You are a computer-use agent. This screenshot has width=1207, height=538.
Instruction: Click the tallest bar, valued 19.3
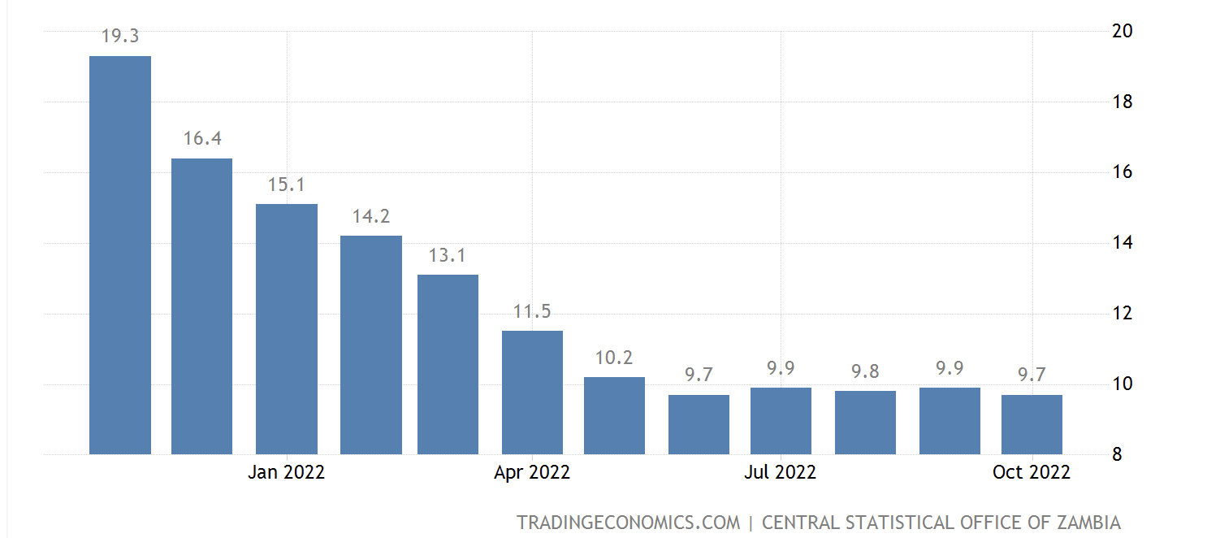120,255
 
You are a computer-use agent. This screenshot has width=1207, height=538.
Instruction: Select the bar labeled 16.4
202,306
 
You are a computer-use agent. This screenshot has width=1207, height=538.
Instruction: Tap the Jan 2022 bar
287,329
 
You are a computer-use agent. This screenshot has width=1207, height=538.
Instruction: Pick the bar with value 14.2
371,345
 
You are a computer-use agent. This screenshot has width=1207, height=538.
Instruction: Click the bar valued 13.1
448,365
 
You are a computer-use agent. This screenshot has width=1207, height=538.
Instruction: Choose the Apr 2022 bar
532,393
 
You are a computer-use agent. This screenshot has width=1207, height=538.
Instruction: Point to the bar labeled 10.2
614,415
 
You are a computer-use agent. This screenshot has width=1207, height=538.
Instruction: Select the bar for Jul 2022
781,421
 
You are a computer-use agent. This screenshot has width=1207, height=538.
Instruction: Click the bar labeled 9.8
865,423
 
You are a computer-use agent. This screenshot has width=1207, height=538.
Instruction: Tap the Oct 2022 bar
1032,424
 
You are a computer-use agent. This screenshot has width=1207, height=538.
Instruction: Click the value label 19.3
120,37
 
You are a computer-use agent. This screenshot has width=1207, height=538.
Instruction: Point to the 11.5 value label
532,311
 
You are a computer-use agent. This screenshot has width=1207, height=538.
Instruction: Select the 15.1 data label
287,184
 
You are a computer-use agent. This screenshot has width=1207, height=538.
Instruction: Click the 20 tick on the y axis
1123,31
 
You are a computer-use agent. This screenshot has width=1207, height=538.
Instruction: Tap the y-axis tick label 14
1123,243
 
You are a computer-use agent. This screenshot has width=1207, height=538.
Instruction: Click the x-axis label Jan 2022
287,472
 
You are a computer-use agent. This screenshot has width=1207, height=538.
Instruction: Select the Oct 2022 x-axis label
1032,472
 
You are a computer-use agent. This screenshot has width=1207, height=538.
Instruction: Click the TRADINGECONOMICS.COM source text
629,523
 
